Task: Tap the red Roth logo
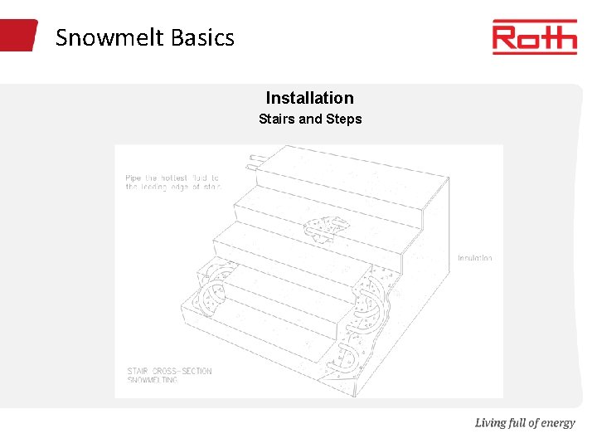click(x=534, y=37)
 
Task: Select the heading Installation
click(x=309, y=98)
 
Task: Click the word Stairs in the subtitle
click(x=277, y=119)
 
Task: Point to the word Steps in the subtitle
click(x=344, y=119)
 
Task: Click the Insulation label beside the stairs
click(x=475, y=258)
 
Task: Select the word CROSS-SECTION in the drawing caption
click(x=184, y=371)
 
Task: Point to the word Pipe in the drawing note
click(x=133, y=178)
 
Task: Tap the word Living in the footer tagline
click(x=490, y=423)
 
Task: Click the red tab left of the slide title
click(x=18, y=36)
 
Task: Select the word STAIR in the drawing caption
click(x=138, y=371)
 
